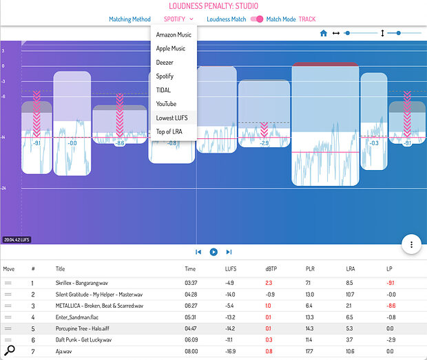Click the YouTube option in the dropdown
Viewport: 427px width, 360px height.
166,104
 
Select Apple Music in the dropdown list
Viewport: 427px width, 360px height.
171,48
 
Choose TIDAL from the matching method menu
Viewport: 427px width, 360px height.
163,90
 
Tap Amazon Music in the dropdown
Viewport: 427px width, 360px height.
174,34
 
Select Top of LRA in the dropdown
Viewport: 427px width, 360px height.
169,131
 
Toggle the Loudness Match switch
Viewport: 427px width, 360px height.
256,19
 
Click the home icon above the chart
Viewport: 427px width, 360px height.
324,33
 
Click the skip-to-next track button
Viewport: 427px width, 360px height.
229,253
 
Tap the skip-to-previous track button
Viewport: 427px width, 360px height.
198,253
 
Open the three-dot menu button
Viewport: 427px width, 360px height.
411,244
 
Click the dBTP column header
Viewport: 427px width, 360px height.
271,269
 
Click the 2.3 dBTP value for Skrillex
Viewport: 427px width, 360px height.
269,283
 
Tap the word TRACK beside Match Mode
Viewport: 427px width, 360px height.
306,19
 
